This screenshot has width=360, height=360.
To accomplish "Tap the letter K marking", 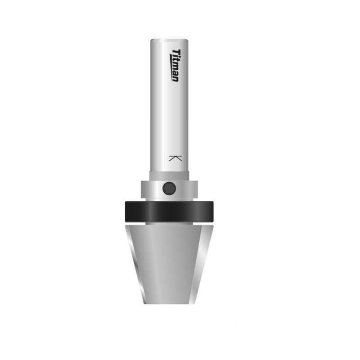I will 175,158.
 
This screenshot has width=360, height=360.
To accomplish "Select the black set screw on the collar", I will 169,188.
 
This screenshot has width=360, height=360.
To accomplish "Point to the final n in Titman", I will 175,79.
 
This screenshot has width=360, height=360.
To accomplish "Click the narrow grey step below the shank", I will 169,176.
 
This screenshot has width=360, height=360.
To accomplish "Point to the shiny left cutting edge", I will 135,265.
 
